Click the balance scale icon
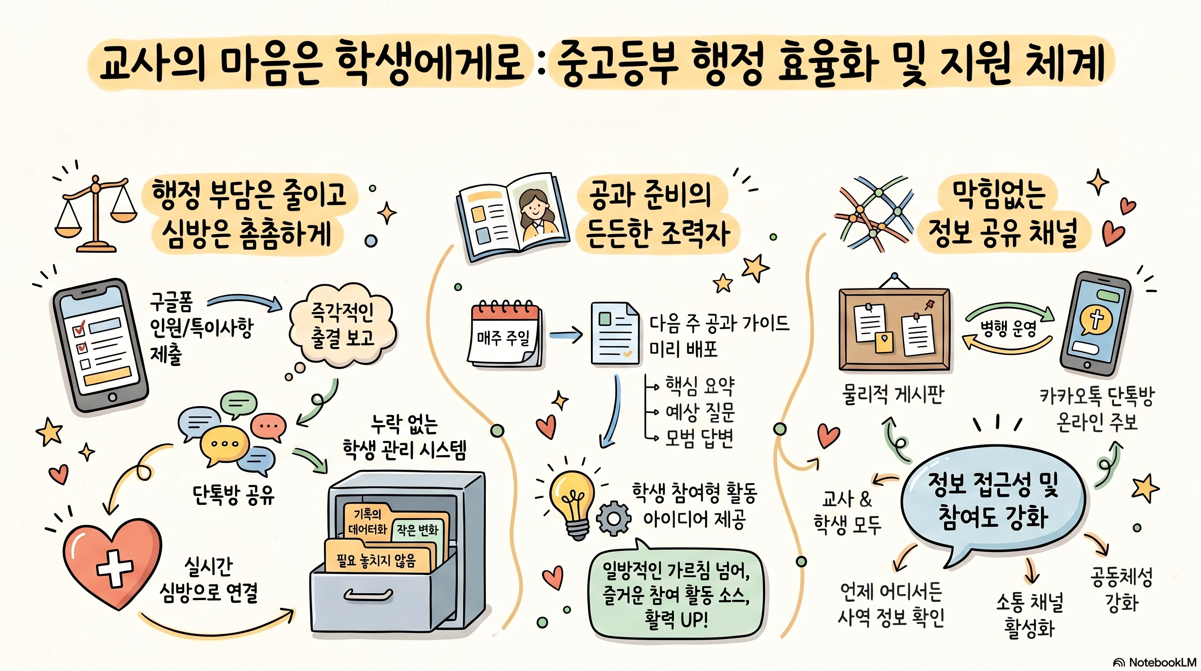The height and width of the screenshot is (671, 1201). (96, 214)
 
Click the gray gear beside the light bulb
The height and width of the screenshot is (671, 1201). (614, 518)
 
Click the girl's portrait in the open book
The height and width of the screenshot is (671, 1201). (539, 213)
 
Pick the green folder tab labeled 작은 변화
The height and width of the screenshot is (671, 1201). (417, 529)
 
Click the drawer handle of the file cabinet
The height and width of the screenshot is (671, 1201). (368, 595)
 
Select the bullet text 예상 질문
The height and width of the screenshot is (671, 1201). (699, 412)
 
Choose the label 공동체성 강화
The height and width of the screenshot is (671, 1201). (1122, 590)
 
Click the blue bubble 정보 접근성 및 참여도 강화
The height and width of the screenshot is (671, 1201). (993, 502)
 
